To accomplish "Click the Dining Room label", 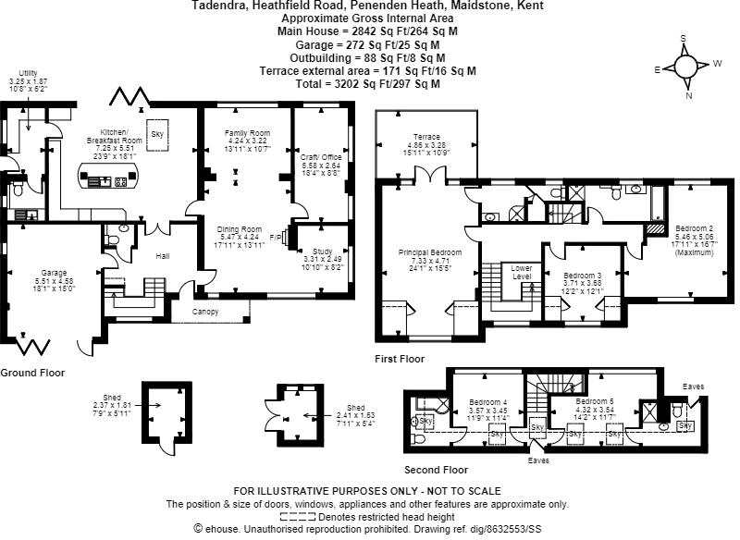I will click(240, 229).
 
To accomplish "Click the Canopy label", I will click(205, 312).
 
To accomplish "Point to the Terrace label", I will click(426, 137).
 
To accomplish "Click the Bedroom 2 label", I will click(692, 227).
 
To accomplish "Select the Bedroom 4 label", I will click(487, 402).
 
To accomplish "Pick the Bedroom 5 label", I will click(594, 402).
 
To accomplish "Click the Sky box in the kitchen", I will click(159, 129).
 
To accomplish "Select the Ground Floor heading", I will click(31, 374).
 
